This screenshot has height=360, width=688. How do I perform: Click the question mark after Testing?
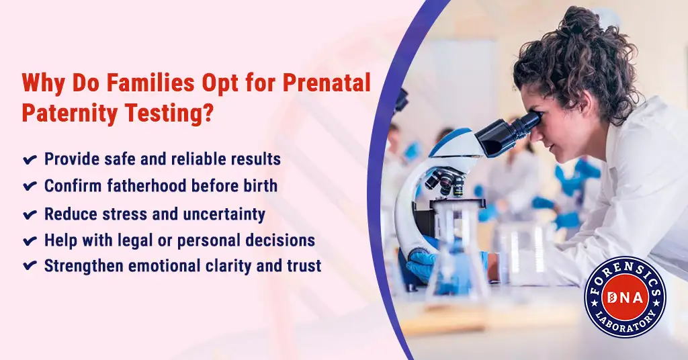pyautogui.click(x=208, y=113)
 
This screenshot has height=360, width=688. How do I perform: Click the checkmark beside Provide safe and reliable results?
pyautogui.click(x=30, y=160)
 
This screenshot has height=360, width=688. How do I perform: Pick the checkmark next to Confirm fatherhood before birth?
pyautogui.click(x=30, y=186)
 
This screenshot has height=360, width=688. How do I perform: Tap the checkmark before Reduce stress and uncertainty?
pyautogui.click(x=30, y=215)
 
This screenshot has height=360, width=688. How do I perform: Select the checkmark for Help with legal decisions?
pyautogui.click(x=30, y=240)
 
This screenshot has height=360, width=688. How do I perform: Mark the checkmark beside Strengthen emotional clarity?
pyautogui.click(x=30, y=266)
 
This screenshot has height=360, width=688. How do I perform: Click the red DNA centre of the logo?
pyautogui.click(x=626, y=298)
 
